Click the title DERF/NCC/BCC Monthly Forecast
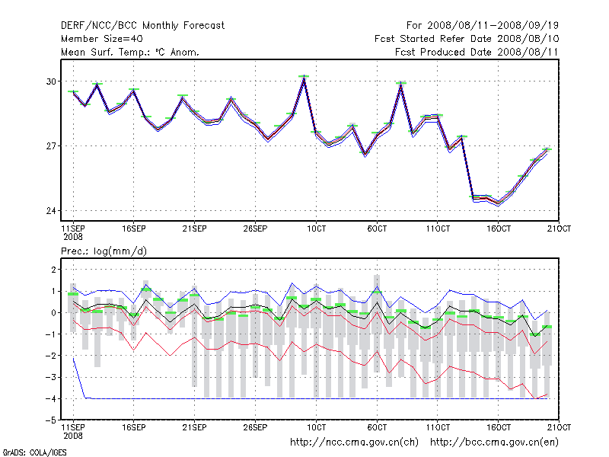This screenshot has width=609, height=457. point(142,26)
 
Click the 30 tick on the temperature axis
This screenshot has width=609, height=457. point(51,81)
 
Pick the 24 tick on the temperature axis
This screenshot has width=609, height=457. point(51,211)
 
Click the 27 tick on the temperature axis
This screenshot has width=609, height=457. point(51,146)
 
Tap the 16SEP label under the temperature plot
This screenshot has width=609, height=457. point(134,228)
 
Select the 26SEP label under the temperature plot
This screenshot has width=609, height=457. point(256,228)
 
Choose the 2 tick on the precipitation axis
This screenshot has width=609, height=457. point(53,270)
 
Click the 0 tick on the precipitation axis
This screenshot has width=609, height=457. point(53,313)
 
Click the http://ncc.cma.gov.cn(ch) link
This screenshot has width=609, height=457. point(355,442)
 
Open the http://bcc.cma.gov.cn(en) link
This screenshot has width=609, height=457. point(496,442)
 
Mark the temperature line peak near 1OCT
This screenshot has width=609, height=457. point(304,78)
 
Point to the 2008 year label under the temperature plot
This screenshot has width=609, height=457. point(73,236)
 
